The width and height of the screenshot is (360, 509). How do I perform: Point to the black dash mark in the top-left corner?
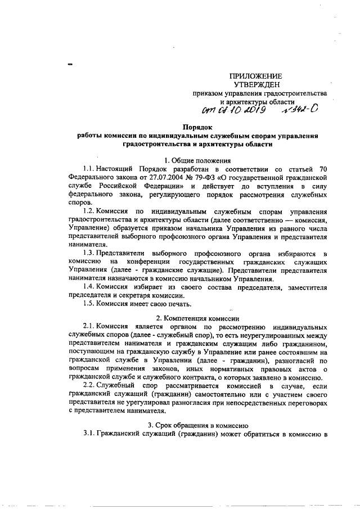click(70, 65)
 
